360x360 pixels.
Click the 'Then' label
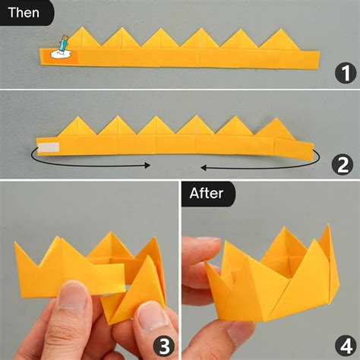(x=24, y=12)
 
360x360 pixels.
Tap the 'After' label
(x=207, y=193)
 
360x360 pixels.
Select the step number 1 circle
(x=345, y=74)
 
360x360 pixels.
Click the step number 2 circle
(x=345, y=163)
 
